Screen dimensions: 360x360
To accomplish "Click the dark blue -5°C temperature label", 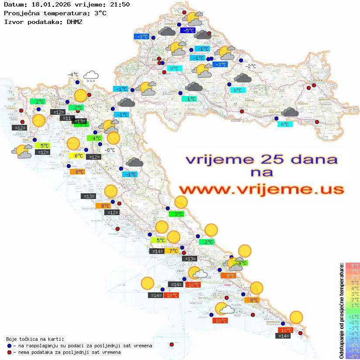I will pos(188,31).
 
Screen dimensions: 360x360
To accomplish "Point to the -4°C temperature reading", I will pos(72,75).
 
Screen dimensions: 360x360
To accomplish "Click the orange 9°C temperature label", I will pos(228,275).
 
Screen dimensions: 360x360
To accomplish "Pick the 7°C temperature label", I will pos(173,250).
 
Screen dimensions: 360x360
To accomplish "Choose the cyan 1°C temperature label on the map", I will pos(189,99).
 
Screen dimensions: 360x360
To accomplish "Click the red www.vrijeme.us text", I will pos(261,189).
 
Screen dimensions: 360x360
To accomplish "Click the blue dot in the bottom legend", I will pos(9,346).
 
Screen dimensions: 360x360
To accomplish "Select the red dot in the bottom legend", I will pos(9,352).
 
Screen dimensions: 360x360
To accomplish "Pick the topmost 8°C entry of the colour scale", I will pos(352,266).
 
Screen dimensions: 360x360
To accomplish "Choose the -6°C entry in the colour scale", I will pos(352,345).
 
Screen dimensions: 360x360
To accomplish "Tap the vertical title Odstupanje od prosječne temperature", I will pos(341,310).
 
